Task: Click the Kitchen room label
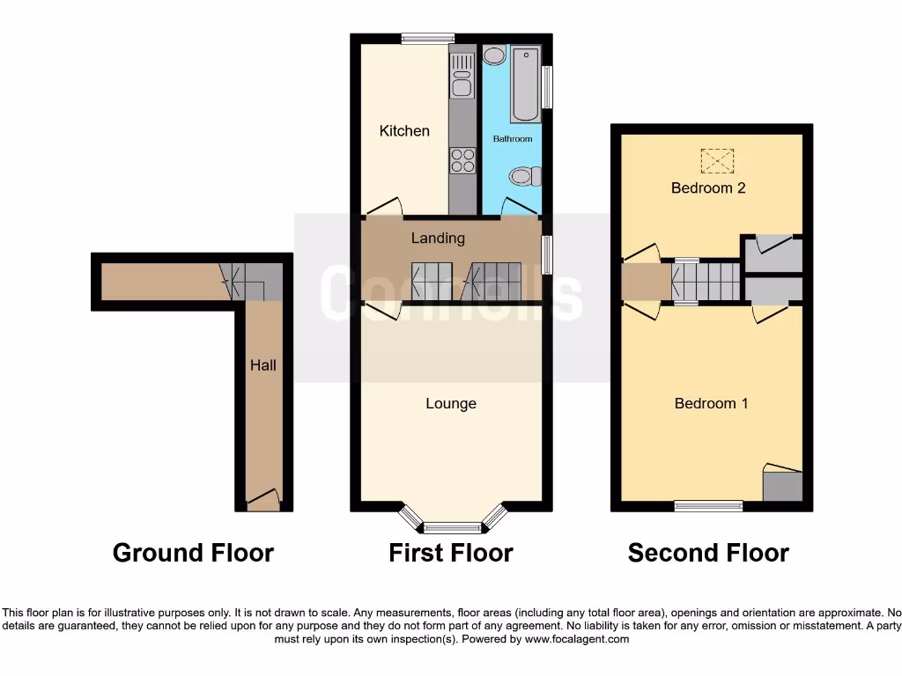tap(404, 131)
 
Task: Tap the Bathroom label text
tap(512, 139)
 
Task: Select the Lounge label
tap(451, 404)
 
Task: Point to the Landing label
tap(438, 238)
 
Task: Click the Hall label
tap(262, 364)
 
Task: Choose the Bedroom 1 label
tap(711, 404)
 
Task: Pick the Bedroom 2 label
tap(708, 187)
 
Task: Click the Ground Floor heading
tap(193, 553)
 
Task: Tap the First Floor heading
tap(451, 553)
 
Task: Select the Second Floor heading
tap(708, 553)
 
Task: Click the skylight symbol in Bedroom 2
tap(716, 161)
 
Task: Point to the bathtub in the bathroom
tap(525, 84)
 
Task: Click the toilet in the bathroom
tap(525, 177)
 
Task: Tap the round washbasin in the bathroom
tap(494, 56)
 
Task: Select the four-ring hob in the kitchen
tap(462, 161)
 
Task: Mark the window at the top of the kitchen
tap(427, 38)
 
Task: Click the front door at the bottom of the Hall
tap(262, 502)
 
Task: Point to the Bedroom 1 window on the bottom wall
tap(708, 505)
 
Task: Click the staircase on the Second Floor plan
tap(706, 282)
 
